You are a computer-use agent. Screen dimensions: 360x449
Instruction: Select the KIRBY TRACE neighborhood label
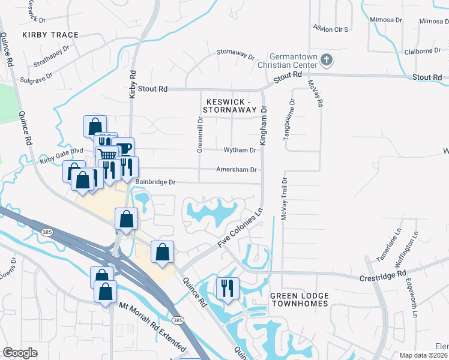(x=50, y=35)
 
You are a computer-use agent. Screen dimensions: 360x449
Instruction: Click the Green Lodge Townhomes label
(x=299, y=299)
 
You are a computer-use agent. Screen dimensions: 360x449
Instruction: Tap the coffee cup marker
(x=124, y=148)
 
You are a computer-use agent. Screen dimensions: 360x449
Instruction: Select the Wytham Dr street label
(x=240, y=150)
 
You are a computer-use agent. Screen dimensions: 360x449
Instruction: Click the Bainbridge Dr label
(x=155, y=181)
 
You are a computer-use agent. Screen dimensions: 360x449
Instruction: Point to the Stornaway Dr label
(x=235, y=54)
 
